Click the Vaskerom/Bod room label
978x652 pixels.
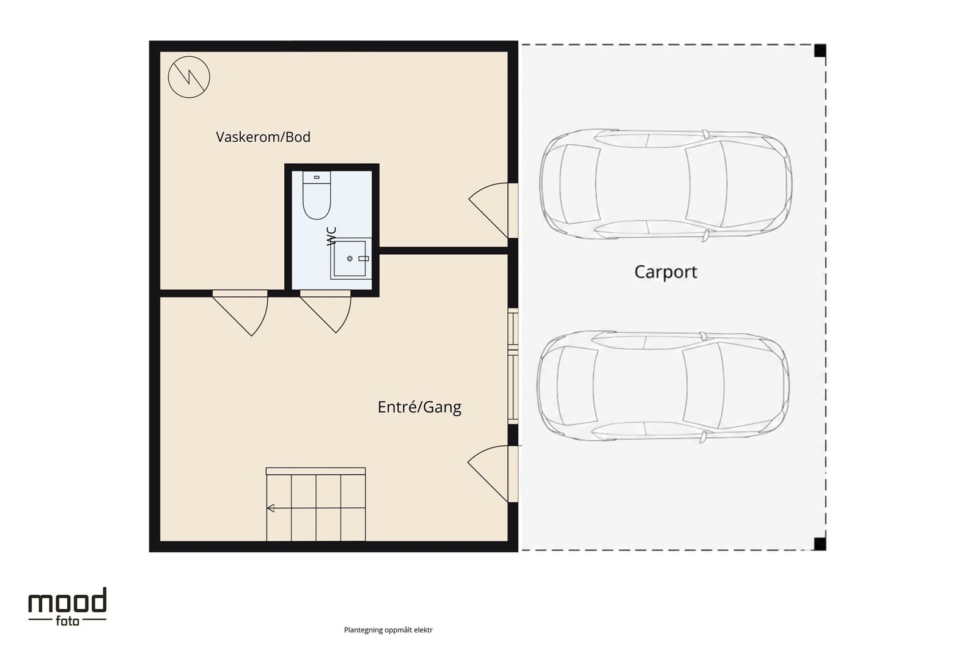tap(263, 137)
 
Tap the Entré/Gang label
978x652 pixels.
tap(419, 407)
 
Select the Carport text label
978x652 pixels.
tap(666, 272)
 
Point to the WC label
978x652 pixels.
tap(332, 236)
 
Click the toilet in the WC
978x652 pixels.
tap(317, 195)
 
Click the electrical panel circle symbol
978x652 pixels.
tap(189, 77)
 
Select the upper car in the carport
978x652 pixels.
tap(666, 185)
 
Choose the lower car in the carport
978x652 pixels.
tap(663, 387)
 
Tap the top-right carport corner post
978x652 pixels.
tap(820, 51)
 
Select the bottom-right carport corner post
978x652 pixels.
tap(820, 544)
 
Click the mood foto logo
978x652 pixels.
tap(67, 607)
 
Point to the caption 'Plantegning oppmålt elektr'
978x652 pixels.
tap(388, 630)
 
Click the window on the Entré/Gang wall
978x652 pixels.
tap(513, 366)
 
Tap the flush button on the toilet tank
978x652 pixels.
tap(317, 177)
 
